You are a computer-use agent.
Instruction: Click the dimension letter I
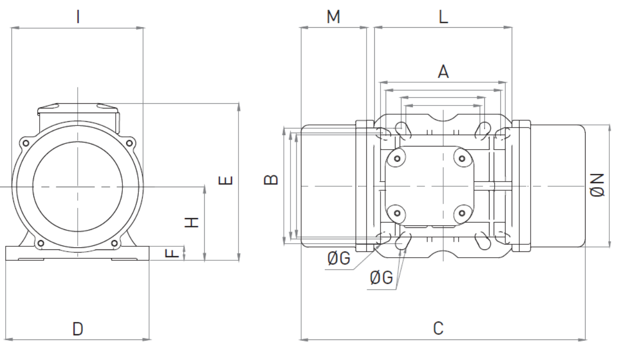pyautogui.click(x=78, y=16)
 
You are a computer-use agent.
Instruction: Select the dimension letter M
pyautogui.click(x=333, y=16)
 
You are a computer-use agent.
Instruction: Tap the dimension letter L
pyautogui.click(x=443, y=16)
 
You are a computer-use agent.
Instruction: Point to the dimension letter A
pyautogui.click(x=443, y=71)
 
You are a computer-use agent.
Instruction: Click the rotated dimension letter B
pyautogui.click(x=271, y=180)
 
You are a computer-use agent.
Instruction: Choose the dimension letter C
pyautogui.click(x=438, y=328)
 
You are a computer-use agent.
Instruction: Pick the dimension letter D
pyautogui.click(x=78, y=329)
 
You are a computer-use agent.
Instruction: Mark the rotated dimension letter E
pyautogui.click(x=225, y=181)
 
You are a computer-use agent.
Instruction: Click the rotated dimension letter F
pyautogui.click(x=172, y=253)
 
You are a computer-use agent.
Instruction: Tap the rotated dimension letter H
pyautogui.click(x=191, y=223)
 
